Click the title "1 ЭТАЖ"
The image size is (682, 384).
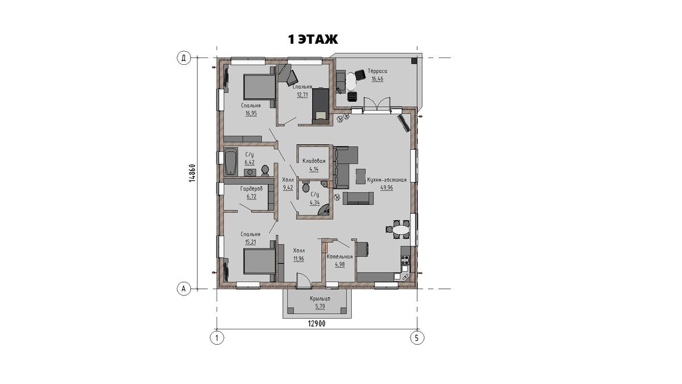coord(313,39)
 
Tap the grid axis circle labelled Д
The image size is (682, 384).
coord(184,58)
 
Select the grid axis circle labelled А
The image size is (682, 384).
coord(184,288)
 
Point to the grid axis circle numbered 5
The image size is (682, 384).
coord(417,338)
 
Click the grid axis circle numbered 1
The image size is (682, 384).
coord(217,338)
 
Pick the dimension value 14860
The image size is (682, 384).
coord(192,173)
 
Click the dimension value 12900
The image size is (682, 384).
coord(317,324)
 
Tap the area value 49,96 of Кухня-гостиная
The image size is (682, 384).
coord(386,188)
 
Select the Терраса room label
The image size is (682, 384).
coord(377,71)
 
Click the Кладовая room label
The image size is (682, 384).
coord(314,161)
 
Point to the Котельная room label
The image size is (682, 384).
coord(340,257)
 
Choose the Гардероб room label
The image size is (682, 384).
coord(251,189)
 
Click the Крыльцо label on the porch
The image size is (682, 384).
coord(320,299)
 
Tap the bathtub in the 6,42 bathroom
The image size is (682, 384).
coord(231,162)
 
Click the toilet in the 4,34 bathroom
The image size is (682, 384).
coord(306,187)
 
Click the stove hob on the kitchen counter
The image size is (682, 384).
coord(405,260)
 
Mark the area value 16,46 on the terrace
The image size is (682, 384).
coord(377,79)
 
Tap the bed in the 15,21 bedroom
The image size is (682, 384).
coord(259,261)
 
